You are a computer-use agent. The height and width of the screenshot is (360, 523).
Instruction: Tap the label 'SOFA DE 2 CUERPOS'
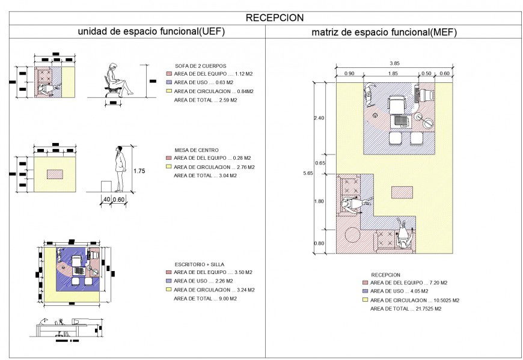point(201,66)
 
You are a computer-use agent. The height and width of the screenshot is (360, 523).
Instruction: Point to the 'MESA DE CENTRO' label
point(197,150)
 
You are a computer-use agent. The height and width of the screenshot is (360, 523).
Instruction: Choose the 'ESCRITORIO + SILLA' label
point(200,264)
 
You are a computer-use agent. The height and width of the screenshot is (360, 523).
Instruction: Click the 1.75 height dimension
point(139,171)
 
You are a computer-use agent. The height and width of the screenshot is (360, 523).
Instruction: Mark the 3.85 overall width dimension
point(394,63)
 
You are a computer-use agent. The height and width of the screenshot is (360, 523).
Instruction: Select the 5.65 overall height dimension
point(308,173)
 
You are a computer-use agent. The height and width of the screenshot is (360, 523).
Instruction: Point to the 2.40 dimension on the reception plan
point(319,118)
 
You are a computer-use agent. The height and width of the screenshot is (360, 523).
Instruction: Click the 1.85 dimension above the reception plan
point(393,73)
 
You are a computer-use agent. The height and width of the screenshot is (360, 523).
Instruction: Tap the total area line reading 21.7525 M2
point(405,308)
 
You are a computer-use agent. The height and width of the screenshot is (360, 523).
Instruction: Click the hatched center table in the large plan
point(402,192)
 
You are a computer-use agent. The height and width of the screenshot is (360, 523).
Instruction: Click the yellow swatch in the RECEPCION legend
point(365,300)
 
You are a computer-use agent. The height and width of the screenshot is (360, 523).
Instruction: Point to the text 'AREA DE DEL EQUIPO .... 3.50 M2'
point(213,272)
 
